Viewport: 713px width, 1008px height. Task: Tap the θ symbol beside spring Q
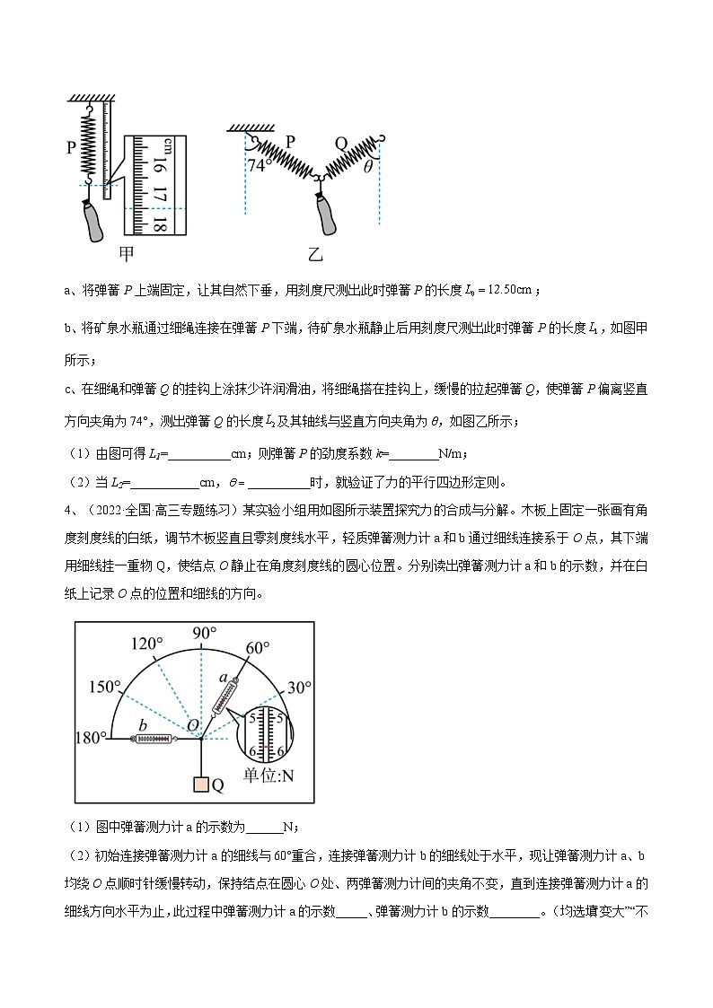367,167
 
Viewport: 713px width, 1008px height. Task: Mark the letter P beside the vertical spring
70,148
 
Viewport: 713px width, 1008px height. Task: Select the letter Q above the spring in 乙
341,142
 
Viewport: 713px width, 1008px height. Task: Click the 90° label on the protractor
206,634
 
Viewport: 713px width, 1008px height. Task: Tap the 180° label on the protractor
92,738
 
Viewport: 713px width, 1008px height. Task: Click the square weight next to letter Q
200,784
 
